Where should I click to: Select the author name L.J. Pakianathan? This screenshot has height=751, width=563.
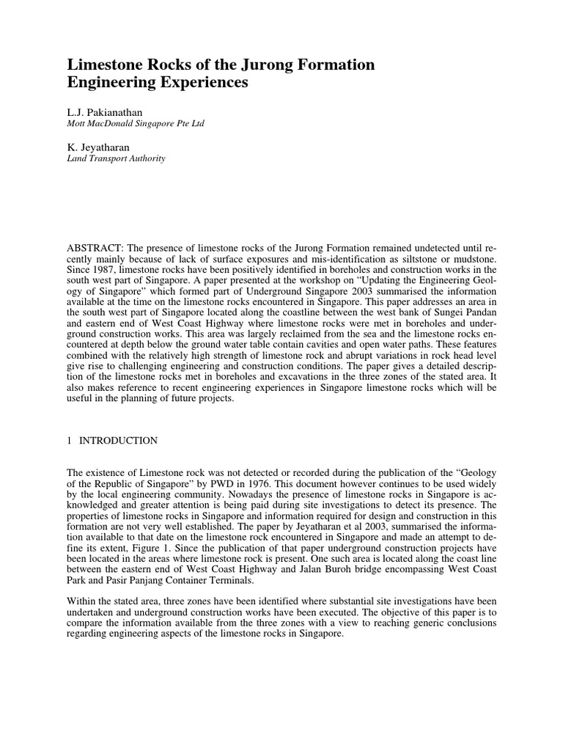109,111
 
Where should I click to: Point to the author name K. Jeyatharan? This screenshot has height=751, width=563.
99,147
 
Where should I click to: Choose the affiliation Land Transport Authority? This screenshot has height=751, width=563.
116,158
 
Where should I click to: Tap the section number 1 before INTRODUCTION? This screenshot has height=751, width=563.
70,441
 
